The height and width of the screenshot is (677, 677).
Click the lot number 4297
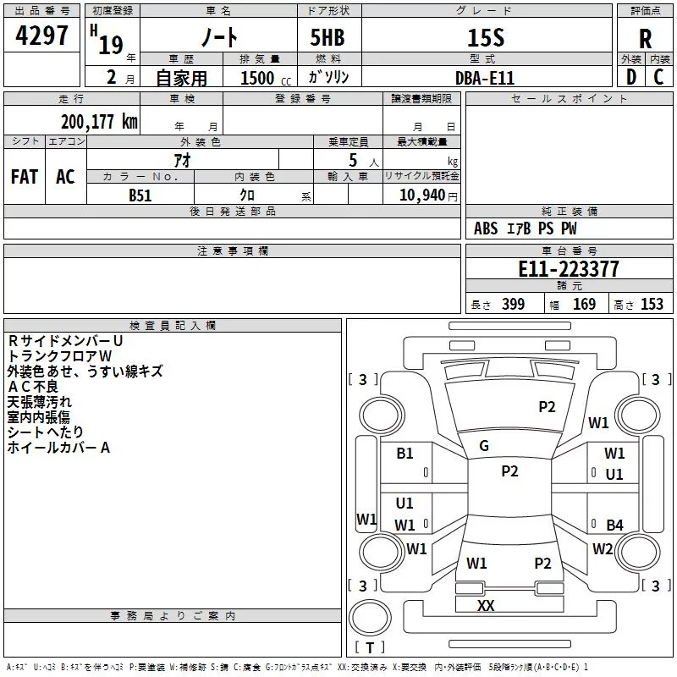tap(41, 36)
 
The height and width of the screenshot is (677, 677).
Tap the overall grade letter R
tap(645, 39)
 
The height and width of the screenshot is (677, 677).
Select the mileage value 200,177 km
tap(99, 122)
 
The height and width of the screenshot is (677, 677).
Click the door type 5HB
tap(327, 37)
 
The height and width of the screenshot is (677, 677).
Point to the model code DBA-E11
tap(485, 78)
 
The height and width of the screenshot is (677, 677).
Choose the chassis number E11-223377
tap(569, 269)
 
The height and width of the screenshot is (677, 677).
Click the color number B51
tap(140, 195)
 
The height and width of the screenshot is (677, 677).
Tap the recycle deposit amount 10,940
tap(421, 195)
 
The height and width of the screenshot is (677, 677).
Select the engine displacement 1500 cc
tap(266, 78)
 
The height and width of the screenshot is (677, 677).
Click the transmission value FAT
tap(25, 177)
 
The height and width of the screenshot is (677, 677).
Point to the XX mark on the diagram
tap(486, 605)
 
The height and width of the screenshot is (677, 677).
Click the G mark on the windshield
tap(484, 446)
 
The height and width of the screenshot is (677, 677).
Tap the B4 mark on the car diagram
tap(614, 525)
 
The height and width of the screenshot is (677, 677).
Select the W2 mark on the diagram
tap(603, 548)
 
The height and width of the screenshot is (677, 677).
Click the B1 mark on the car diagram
tap(405, 454)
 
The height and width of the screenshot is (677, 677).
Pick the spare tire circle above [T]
tap(370, 617)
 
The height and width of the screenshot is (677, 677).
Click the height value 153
tap(652, 304)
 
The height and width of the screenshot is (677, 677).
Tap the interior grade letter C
tap(658, 77)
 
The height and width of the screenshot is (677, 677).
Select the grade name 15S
tap(486, 38)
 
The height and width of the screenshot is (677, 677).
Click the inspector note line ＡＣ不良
tap(33, 387)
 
